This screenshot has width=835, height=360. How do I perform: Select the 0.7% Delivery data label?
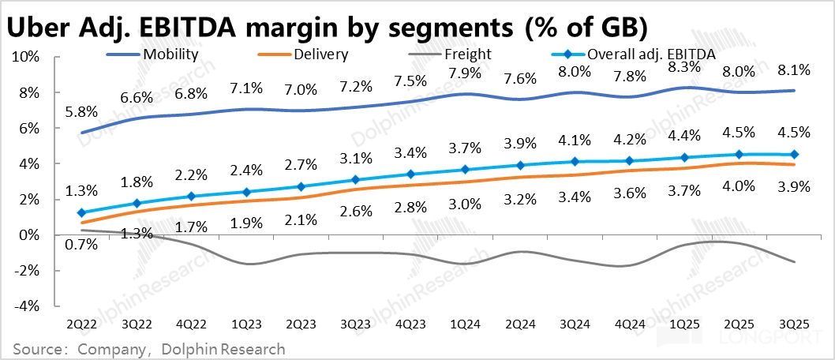82,244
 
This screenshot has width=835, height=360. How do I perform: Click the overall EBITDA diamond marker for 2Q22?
82,213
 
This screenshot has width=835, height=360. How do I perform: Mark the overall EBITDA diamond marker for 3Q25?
793,155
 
